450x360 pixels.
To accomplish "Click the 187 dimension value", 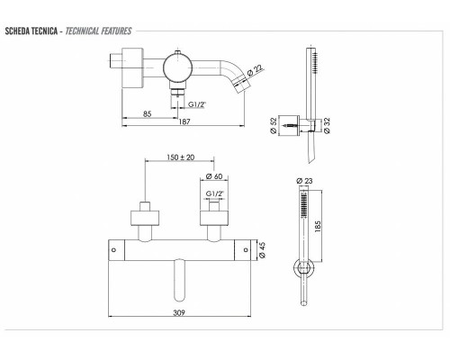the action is click(184, 121).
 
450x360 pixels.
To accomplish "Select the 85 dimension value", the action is click(148, 114).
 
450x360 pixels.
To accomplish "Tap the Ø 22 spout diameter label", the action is click(255, 71).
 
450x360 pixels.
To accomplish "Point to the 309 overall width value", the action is click(179, 312).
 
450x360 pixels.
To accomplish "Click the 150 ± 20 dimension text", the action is click(181, 157).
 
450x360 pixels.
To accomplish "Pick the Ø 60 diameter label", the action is click(214, 176).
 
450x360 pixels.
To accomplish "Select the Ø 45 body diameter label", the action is click(262, 250).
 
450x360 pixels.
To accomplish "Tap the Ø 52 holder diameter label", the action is click(274, 125).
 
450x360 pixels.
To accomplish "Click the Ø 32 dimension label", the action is click(327, 125).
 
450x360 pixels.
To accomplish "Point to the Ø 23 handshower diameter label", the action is click(304, 181).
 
